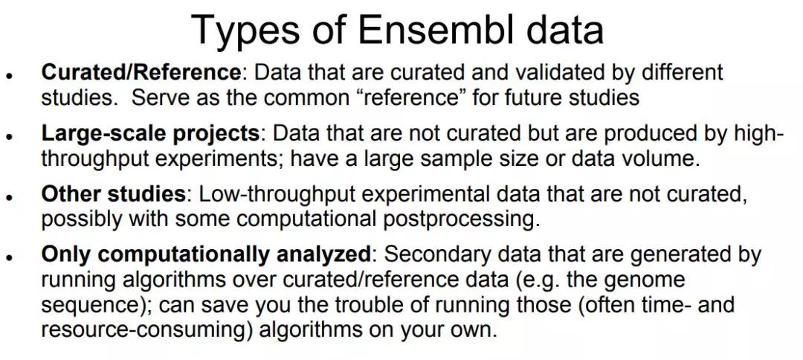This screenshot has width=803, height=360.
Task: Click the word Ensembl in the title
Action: click(x=435, y=29)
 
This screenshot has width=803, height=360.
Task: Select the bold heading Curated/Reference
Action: click(x=141, y=72)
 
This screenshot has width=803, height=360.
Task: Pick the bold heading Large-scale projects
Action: click(x=150, y=135)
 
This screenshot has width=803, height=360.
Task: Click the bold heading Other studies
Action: click(x=113, y=195)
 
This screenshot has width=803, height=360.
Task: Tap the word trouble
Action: click(x=364, y=305)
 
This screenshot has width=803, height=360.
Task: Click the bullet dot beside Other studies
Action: click(x=9, y=196)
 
